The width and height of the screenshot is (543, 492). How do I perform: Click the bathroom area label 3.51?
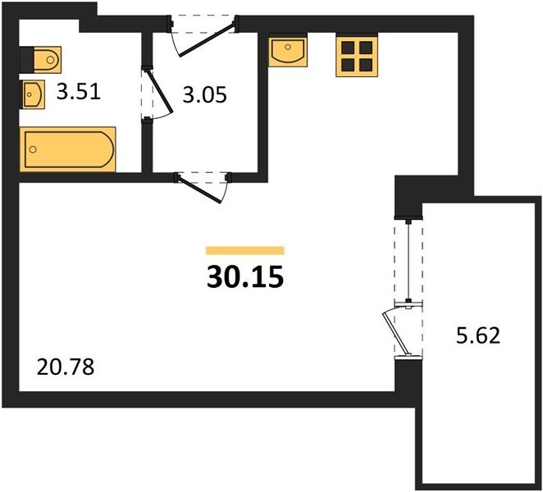pyautogui.click(x=79, y=93)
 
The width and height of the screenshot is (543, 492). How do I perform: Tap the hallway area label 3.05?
pyautogui.click(x=205, y=95)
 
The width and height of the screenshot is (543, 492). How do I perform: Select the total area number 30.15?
pyautogui.click(x=245, y=277)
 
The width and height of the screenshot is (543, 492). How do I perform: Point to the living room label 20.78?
pyautogui.click(x=66, y=367)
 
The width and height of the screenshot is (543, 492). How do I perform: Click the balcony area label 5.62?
pyautogui.click(x=478, y=335)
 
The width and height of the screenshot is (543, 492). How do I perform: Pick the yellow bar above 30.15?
pyautogui.click(x=245, y=250)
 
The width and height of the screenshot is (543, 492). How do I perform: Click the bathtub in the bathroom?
pyautogui.click(x=68, y=149)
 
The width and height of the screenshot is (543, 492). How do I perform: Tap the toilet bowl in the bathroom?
pyautogui.click(x=48, y=60)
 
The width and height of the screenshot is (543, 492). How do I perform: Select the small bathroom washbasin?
pyautogui.click(x=34, y=94)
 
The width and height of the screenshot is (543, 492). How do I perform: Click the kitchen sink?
pyautogui.click(x=288, y=51)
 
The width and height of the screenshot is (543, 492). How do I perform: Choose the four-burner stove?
pyautogui.click(x=357, y=56)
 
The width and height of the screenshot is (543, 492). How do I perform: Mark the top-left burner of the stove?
pyautogui.click(x=348, y=48)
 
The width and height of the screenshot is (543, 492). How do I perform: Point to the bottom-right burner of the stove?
pyautogui.click(x=366, y=65)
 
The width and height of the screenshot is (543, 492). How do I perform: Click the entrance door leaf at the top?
pyautogui.click(x=207, y=39)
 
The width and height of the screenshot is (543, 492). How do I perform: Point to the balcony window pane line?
pyautogui.click(x=409, y=261)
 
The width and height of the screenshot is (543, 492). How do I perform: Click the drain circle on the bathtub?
pyautogui.click(x=33, y=149)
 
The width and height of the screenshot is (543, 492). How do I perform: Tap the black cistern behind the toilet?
pyautogui.click(x=27, y=60)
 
